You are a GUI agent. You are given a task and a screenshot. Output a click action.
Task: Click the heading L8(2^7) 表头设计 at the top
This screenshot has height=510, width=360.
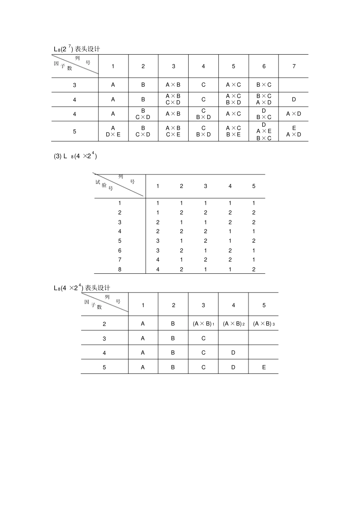[77, 49]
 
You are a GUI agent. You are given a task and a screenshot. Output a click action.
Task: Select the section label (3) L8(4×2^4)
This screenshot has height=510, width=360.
[75, 156]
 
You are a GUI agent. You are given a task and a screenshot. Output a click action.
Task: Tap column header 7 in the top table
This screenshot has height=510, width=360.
[294, 66]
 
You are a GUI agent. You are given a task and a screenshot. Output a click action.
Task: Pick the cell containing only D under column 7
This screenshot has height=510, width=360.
[294, 99]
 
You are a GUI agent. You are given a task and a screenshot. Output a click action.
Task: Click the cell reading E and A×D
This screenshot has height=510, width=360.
[294, 131]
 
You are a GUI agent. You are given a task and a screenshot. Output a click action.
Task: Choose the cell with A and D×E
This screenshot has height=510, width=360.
[113, 131]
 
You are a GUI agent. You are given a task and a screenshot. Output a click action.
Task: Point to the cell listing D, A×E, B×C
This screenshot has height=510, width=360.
[264, 131]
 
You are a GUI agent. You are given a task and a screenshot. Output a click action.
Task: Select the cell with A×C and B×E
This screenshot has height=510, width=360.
[233, 131]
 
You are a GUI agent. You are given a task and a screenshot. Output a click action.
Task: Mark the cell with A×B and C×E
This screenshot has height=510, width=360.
[173, 131]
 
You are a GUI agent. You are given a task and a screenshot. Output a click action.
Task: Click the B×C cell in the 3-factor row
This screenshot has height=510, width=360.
[264, 85]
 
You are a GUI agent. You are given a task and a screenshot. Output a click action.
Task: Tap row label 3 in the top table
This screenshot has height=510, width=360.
[75, 85]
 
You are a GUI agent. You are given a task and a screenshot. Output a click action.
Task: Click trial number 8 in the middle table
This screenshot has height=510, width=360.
[120, 270]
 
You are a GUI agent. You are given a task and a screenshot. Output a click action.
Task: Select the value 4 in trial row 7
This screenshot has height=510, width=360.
[158, 260]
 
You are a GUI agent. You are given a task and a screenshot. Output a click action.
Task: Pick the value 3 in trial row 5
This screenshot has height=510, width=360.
[158, 241]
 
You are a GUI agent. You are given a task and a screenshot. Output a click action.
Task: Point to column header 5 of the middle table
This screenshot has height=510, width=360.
[254, 186]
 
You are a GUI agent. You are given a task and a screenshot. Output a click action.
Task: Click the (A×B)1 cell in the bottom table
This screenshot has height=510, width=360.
[203, 324]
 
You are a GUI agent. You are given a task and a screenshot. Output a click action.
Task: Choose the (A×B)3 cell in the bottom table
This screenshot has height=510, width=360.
[264, 324]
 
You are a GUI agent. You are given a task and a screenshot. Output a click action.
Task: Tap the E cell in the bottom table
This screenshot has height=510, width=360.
[264, 367]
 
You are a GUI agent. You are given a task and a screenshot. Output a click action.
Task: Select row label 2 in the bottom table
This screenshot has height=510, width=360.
[104, 324]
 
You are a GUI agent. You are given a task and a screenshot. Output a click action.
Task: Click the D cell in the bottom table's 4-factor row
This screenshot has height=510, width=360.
[233, 353]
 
